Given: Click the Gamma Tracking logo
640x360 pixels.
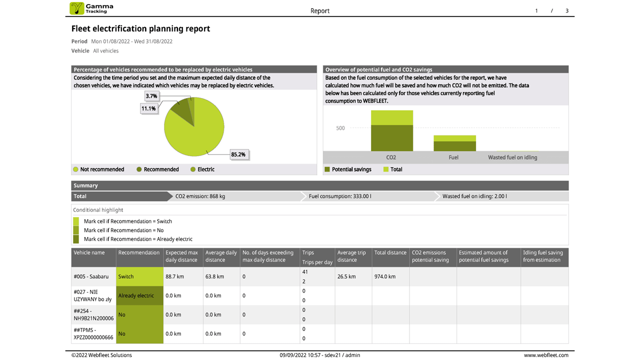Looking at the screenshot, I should (91, 8).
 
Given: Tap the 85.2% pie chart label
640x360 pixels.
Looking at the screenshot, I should (238, 154).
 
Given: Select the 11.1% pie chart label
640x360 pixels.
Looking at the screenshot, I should (148, 108).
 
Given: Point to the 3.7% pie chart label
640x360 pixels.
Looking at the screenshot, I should (151, 96).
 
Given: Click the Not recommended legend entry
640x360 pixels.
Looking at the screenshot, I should (98, 169).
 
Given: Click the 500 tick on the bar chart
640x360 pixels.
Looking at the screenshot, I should (340, 128).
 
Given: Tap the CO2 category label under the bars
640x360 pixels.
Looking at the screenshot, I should (391, 157).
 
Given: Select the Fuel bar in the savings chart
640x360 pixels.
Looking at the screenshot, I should (454, 143).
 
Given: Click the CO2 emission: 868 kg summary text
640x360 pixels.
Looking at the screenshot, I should (200, 196).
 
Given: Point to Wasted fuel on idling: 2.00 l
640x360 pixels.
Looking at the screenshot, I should (474, 196).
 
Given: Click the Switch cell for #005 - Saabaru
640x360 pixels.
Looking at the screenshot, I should (139, 276).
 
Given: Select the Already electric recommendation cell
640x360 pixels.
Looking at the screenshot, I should (139, 295).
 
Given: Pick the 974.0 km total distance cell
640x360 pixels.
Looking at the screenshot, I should (385, 276).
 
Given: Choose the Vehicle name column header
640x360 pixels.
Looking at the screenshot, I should (89, 252).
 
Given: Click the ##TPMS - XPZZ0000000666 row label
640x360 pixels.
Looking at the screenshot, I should (93, 333).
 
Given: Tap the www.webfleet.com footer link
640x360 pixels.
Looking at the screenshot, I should (546, 355).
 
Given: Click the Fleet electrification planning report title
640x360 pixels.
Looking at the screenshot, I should (140, 29).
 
